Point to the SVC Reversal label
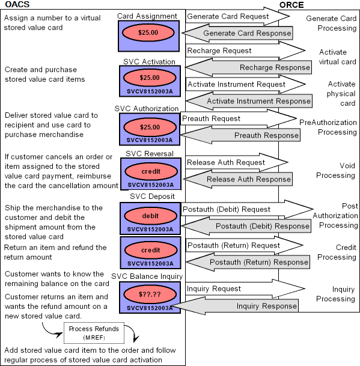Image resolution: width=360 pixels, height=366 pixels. coord(149,153)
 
